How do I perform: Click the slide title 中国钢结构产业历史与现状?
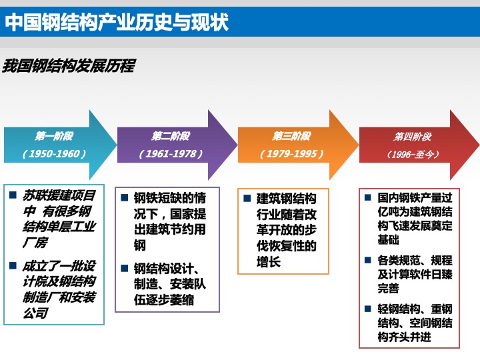[x=117, y=22]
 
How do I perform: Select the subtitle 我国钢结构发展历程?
[x=69, y=65]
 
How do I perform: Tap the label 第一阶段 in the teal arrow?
[x=54, y=136]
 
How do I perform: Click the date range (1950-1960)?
[x=54, y=153]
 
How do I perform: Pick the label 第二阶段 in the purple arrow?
[x=171, y=136]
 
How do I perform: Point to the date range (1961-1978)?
[x=171, y=153]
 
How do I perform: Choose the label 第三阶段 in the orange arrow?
[x=292, y=136]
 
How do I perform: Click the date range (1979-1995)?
[x=292, y=153]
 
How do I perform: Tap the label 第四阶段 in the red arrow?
[x=413, y=136]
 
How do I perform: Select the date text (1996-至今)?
[x=413, y=154]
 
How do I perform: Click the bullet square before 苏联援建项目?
[x=13, y=195]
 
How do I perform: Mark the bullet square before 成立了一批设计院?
[x=13, y=265]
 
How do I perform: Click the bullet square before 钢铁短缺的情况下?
[x=124, y=197]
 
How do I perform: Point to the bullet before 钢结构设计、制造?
[x=124, y=268]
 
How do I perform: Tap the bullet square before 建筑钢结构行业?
[x=247, y=198]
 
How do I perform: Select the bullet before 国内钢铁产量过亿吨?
[x=367, y=197]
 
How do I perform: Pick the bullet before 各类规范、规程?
[x=367, y=260]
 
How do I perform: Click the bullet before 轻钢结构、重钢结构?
[x=367, y=309]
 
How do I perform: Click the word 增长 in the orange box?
[x=269, y=262]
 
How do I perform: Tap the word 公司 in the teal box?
[x=35, y=313]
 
